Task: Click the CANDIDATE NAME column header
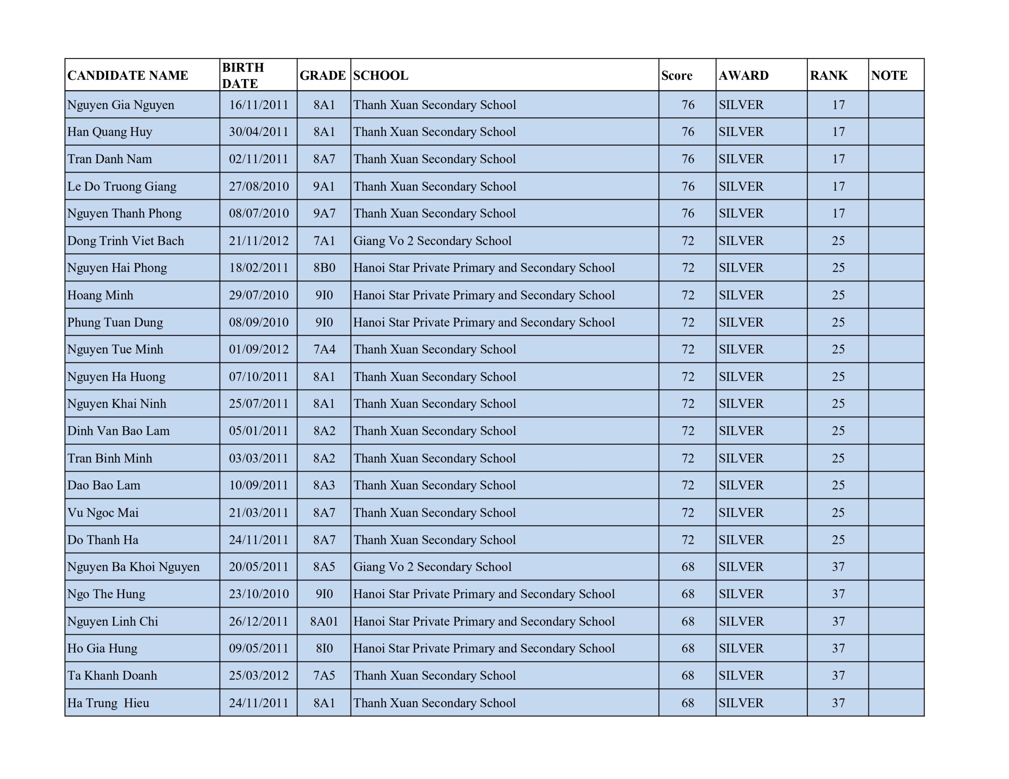coord(128,75)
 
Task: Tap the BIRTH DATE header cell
coord(243,75)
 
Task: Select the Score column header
coord(676,75)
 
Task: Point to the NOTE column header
coord(889,75)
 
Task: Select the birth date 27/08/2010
coord(259,187)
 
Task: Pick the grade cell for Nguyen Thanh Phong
coord(324,213)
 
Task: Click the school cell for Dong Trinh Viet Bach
coord(432,241)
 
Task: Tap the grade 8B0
coord(324,268)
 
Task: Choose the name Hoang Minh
coord(100,295)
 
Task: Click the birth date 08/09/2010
coord(259,322)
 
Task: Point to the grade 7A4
coord(324,350)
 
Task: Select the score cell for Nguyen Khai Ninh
coord(687,404)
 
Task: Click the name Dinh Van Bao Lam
coord(118,431)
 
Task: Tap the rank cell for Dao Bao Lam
coord(838,485)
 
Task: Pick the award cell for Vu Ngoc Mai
coord(741,512)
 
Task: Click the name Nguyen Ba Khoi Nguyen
coord(134,567)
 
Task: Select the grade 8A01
coord(324,621)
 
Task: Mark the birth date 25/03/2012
coord(259,675)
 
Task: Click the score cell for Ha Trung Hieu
coord(687,703)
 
